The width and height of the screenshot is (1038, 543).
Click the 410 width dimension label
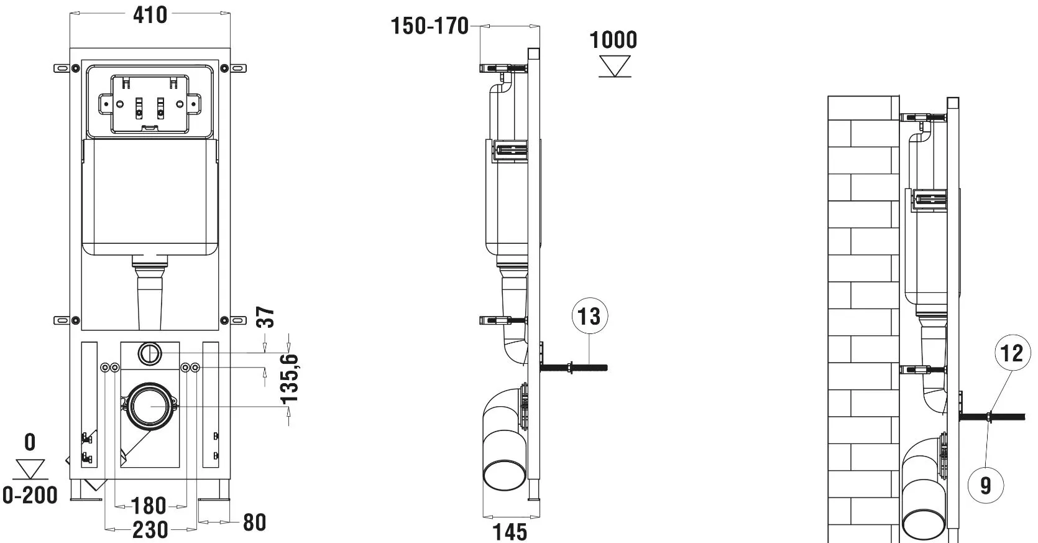pos(150,16)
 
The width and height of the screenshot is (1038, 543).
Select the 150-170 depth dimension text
pos(429,26)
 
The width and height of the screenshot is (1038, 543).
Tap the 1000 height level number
pos(613,40)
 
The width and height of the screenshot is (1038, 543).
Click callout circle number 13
pos(589,316)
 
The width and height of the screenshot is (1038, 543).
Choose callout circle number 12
pos(1013,353)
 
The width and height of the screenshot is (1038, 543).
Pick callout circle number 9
pos(986,485)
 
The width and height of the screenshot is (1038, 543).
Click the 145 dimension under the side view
pos(509,532)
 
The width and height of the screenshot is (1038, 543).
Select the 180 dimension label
pos(149,506)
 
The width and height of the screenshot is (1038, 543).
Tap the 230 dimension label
pos(150,530)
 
